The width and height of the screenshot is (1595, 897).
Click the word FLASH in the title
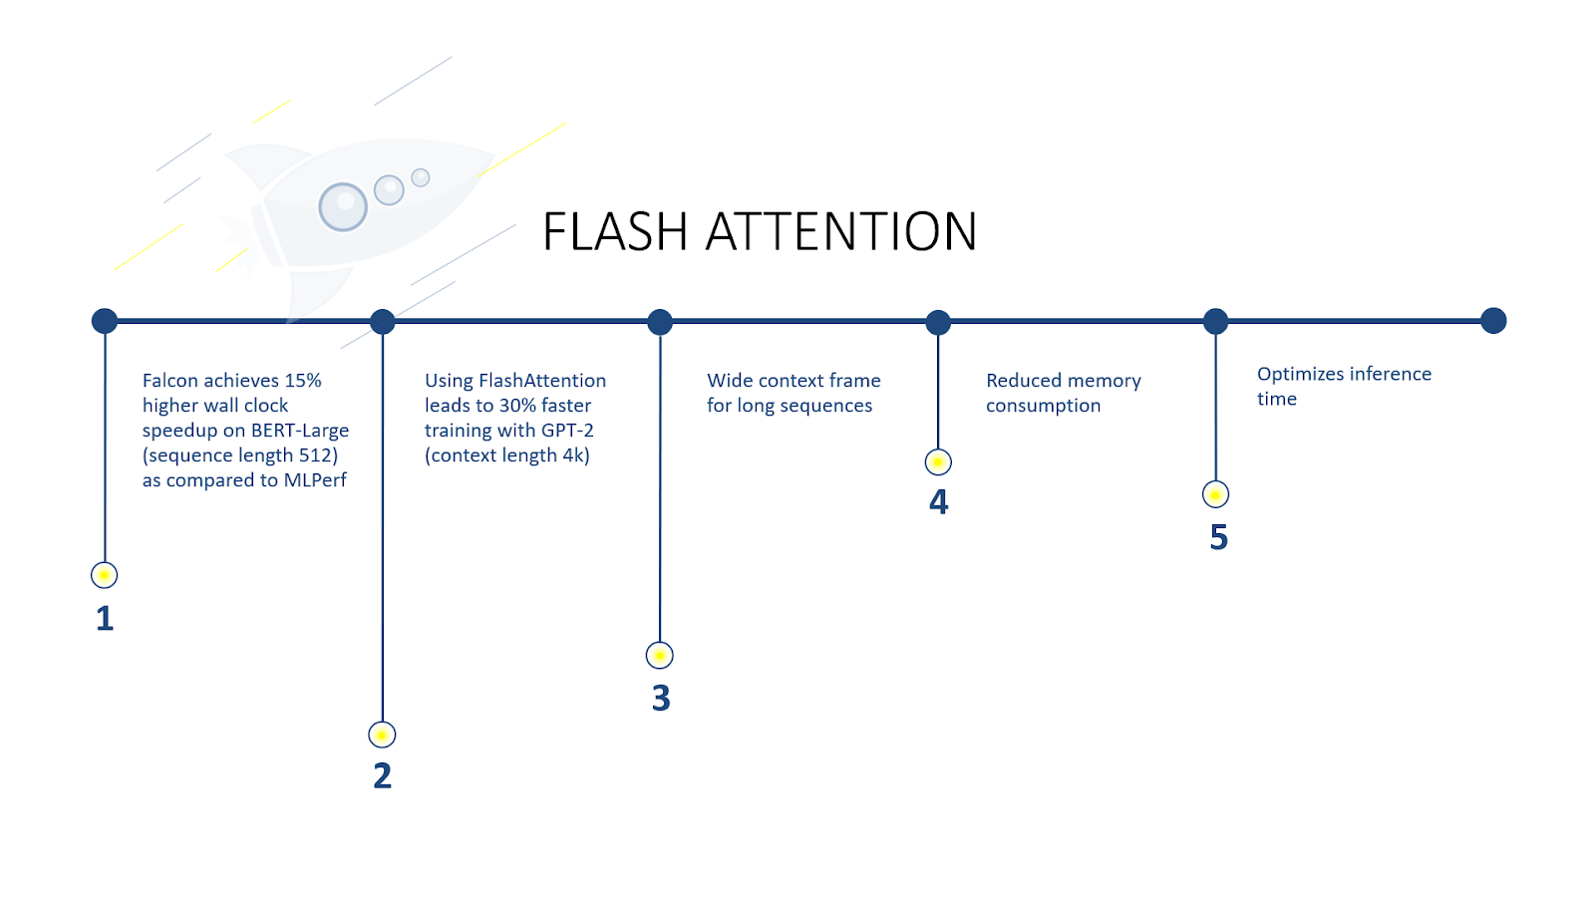(x=615, y=232)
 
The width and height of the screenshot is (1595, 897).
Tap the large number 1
(x=105, y=618)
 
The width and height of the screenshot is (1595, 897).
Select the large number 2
(x=382, y=775)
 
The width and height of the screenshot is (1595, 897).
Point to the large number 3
(x=661, y=698)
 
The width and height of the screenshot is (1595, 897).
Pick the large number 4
(x=938, y=501)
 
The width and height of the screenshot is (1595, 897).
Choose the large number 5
(x=1218, y=537)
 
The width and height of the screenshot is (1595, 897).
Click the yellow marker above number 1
(x=104, y=575)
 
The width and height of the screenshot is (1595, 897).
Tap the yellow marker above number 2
(x=382, y=735)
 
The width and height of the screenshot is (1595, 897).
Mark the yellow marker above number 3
(x=660, y=655)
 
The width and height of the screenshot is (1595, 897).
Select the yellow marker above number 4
(x=938, y=462)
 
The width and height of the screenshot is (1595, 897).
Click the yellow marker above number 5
(x=1215, y=494)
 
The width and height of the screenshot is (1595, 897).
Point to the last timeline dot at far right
(x=1493, y=321)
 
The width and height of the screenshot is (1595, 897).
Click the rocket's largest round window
(x=343, y=206)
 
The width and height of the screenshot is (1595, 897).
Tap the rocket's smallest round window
(x=421, y=177)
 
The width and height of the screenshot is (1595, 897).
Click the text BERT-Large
(x=300, y=431)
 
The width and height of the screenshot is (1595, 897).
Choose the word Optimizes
(x=1298, y=375)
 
